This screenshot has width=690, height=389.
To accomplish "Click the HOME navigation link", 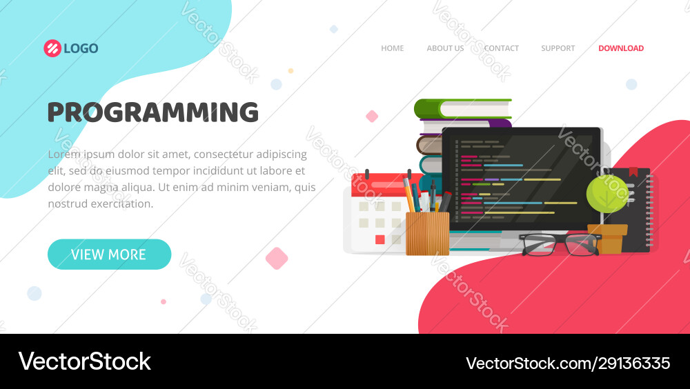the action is [392, 48].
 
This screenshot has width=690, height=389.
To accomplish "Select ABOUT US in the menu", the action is [445, 48].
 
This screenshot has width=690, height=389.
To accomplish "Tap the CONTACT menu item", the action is [501, 48].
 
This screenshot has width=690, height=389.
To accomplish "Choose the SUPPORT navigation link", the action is [558, 48].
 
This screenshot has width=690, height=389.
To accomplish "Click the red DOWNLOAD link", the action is [621, 48].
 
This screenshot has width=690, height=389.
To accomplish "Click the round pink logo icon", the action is [52, 48].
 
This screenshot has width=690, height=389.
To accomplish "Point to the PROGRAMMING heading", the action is [152, 112].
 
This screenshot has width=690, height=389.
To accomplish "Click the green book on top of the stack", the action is [462, 109].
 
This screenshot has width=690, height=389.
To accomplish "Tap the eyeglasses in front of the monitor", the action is [560, 244].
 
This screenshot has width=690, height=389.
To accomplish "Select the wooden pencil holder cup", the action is [427, 234].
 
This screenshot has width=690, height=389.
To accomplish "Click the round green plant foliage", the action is [607, 194].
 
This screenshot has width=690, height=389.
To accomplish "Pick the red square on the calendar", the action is [379, 240].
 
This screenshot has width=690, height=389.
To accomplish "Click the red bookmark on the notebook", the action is [633, 172].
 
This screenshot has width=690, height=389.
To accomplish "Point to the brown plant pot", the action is [608, 239].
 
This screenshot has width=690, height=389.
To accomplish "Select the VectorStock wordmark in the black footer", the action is [84, 361].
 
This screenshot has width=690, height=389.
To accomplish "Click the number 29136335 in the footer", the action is [633, 363].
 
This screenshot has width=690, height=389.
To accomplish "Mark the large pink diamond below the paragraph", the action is [277, 259].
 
